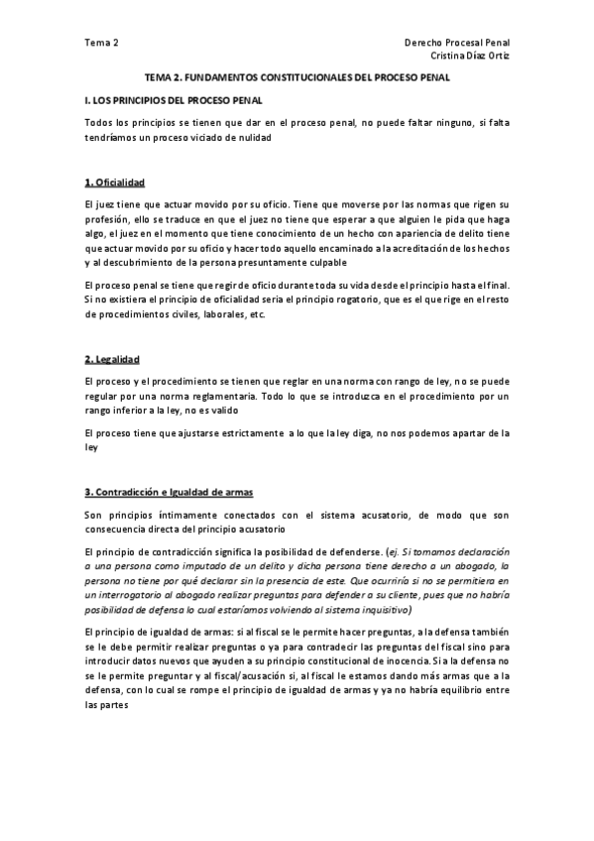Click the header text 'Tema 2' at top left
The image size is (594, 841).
tap(101, 43)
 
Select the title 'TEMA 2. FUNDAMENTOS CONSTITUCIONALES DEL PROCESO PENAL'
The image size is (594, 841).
tap(297, 76)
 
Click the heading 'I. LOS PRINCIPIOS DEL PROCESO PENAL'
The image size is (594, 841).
tap(174, 100)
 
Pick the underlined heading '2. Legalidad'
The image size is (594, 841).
tap(112, 357)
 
